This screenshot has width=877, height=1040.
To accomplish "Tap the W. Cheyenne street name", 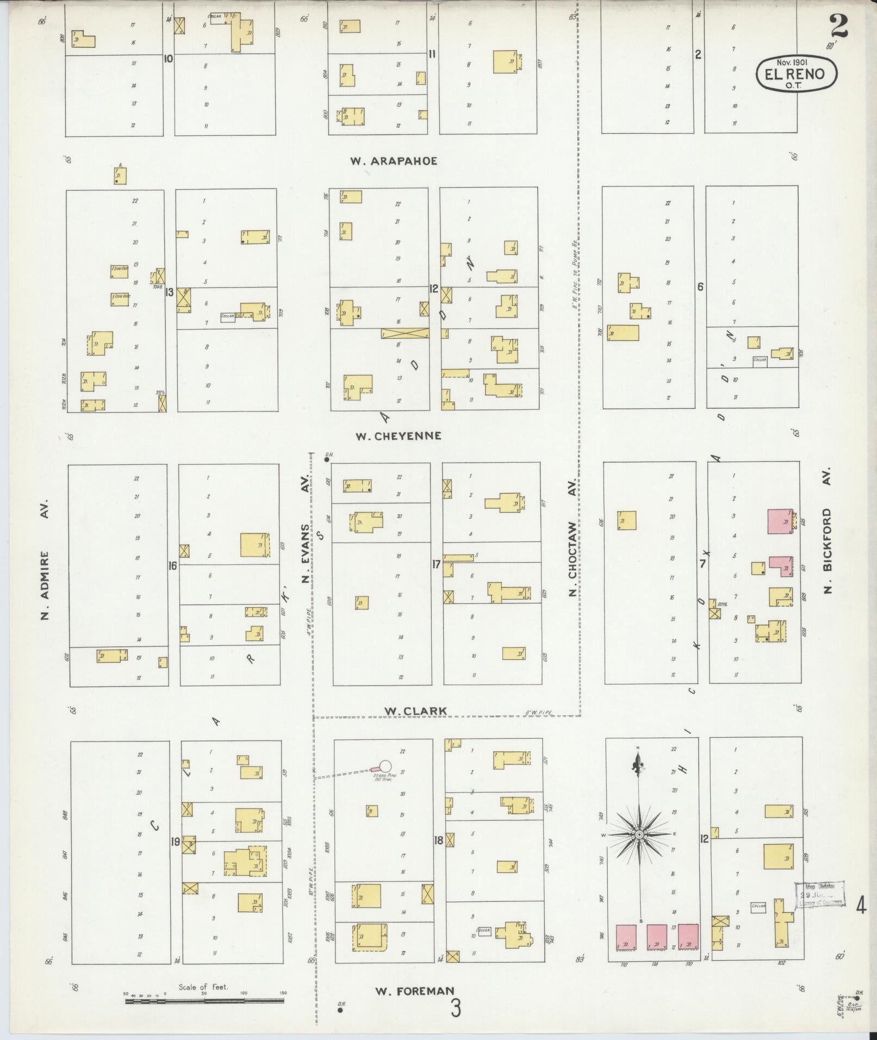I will coord(398,436).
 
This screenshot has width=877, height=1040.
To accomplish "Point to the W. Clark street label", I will coord(415,711).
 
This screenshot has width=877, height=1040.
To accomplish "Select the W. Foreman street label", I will coord(414,991).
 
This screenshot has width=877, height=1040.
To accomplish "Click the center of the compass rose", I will coord(640,849).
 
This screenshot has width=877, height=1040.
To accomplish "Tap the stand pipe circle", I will coord(385,767).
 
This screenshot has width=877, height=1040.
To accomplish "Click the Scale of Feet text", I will coord(203,987).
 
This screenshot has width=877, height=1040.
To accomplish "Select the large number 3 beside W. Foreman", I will coord(455,1007).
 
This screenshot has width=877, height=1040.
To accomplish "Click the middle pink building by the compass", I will coord(657,937).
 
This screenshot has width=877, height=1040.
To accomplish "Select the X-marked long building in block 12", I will coord(405,334).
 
